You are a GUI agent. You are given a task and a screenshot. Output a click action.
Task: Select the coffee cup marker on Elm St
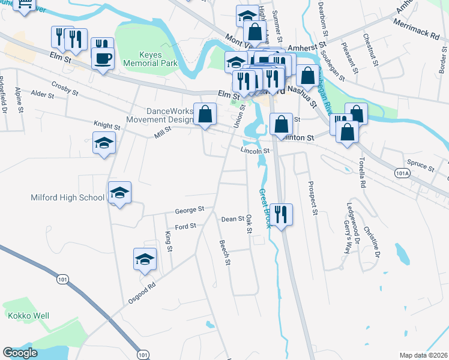tap(103, 58)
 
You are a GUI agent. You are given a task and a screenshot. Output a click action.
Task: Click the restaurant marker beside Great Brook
tap(281, 213)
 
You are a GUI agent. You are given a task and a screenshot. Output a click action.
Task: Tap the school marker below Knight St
tap(104, 145)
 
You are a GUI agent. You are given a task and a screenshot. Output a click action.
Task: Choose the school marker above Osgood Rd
tap(144, 260)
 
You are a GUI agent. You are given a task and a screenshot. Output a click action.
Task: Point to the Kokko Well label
tap(28, 316)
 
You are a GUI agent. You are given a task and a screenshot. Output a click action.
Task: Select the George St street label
tap(190, 211)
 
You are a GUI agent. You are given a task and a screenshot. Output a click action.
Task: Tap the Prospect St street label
tap(312, 197)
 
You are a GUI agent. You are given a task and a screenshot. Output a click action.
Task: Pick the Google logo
tap(20, 353)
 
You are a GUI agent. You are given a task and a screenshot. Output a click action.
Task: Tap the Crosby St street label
tap(65, 89)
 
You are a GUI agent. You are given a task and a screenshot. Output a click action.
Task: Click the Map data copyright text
tap(423, 355)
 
